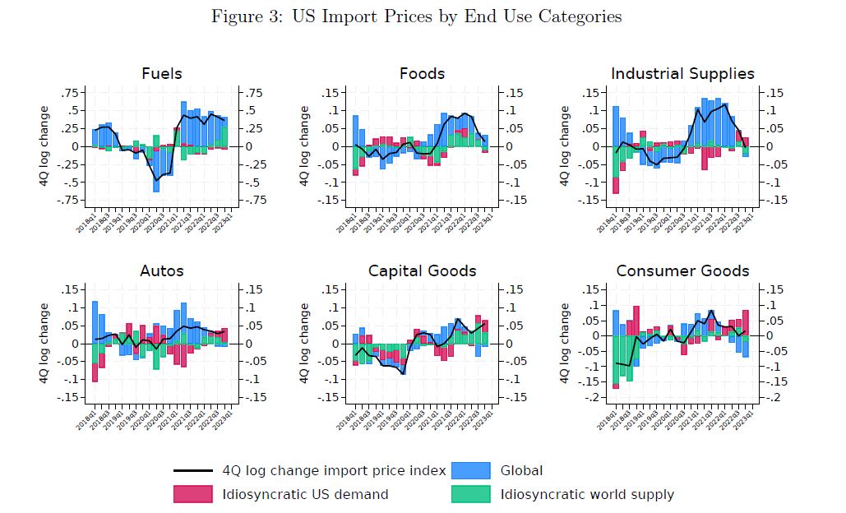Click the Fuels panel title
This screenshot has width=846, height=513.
[161, 73]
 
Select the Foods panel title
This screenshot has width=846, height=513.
[422, 73]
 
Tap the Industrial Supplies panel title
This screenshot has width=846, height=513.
[682, 73]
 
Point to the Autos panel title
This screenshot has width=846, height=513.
[161, 270]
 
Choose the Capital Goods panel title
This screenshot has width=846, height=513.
[422, 270]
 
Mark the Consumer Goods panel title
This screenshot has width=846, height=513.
[682, 270]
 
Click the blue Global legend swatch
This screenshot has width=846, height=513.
[471, 471]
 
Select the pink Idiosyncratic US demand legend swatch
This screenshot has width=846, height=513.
[193, 494]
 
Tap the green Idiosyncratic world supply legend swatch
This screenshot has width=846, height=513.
[471, 494]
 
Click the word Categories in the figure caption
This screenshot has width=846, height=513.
[579, 16]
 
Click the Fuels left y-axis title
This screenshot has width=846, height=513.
[44, 146]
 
